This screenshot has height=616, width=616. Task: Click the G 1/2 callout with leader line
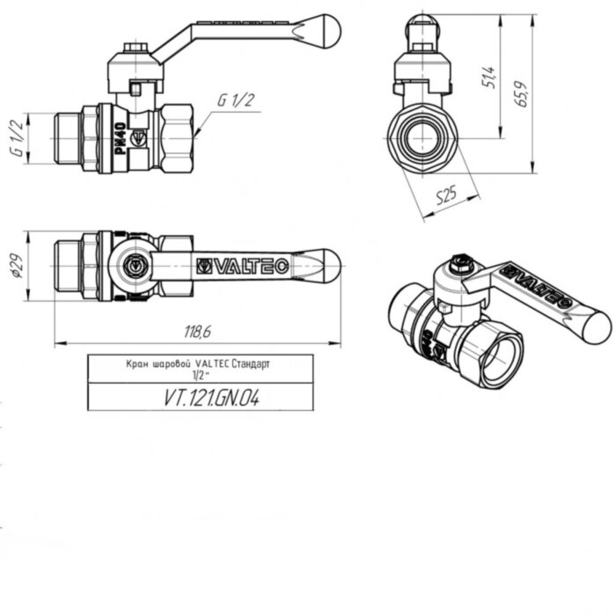[235, 100]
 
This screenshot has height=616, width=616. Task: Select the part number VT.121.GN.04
[201, 397]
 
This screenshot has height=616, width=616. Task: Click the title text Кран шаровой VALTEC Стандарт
[201, 363]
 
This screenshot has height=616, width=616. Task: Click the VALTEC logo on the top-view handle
[239, 264]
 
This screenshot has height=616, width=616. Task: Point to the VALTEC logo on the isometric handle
[544, 283]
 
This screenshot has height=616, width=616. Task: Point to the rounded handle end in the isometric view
[595, 326]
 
